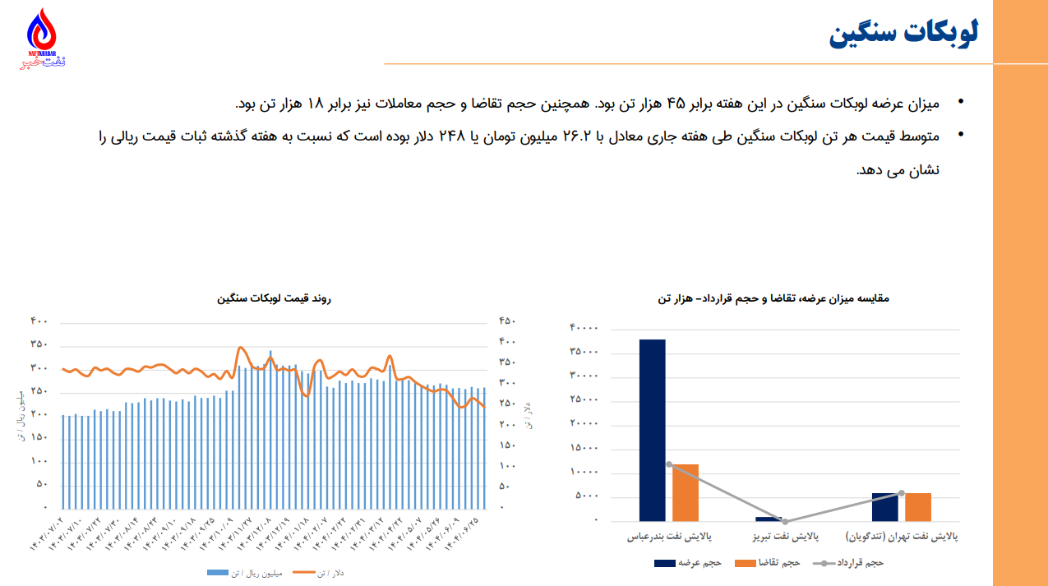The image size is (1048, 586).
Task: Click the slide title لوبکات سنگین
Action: coord(904,35)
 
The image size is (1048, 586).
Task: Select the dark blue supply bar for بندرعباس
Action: coord(652,430)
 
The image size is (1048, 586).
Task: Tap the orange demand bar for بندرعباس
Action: coord(685,492)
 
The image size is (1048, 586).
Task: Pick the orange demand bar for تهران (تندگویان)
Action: coord(918,507)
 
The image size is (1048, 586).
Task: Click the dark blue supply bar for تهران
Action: coord(885,507)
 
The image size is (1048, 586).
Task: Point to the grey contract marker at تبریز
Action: coord(785,521)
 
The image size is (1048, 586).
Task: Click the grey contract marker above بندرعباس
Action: coord(669,464)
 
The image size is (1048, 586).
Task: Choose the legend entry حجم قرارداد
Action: coord(859,563)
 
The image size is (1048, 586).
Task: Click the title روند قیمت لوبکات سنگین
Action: coord(274,299)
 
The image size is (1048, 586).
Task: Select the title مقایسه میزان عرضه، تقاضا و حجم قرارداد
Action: coord(773,298)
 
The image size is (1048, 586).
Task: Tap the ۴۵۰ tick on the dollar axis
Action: coord(507,321)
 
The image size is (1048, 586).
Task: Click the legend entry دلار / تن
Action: coord(330,574)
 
